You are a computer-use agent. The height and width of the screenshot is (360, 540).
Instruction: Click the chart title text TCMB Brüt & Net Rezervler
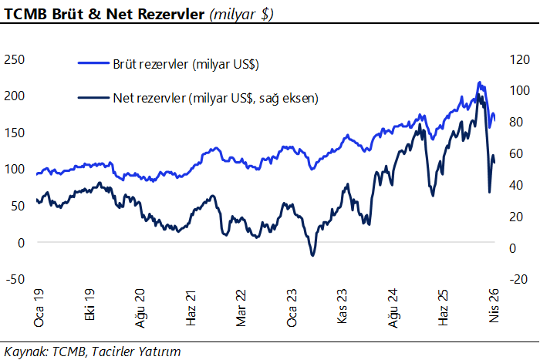pos(104,14)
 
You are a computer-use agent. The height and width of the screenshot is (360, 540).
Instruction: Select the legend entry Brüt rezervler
pos(186,64)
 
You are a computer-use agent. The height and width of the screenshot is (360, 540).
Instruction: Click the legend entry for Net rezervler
pos(215,98)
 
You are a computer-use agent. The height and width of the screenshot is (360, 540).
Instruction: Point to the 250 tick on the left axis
pos(15,59)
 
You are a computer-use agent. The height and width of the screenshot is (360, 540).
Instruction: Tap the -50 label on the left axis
pos(15,279)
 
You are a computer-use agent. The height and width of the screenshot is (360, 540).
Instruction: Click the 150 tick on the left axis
pos(15,133)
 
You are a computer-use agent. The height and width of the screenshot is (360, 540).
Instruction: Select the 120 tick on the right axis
pos(519,60)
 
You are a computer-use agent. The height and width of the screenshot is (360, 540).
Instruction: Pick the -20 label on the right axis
pos(519,279)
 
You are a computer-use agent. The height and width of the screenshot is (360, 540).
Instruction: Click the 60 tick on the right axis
pos(516,153)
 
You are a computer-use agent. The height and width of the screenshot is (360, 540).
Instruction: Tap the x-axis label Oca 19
pos(39,308)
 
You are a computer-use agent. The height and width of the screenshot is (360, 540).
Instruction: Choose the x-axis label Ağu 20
pos(140,308)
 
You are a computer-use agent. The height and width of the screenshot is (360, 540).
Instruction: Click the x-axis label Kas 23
pos(342,306)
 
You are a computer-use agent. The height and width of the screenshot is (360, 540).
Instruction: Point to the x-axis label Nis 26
pos(494,305)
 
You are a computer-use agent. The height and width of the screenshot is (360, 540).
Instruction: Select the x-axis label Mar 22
pos(241,308)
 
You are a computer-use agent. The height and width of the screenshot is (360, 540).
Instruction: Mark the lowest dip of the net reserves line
pos(312,255)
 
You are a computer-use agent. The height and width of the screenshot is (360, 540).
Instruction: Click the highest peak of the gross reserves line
pos(479,82)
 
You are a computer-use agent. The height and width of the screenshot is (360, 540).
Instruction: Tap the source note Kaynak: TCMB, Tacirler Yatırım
pos(93,352)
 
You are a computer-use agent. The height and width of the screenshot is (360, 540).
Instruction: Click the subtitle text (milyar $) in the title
pos(241,15)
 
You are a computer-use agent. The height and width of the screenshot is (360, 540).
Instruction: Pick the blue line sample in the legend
pos(93,63)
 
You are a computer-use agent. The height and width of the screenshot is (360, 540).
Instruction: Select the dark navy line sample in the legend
pos(93,98)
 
